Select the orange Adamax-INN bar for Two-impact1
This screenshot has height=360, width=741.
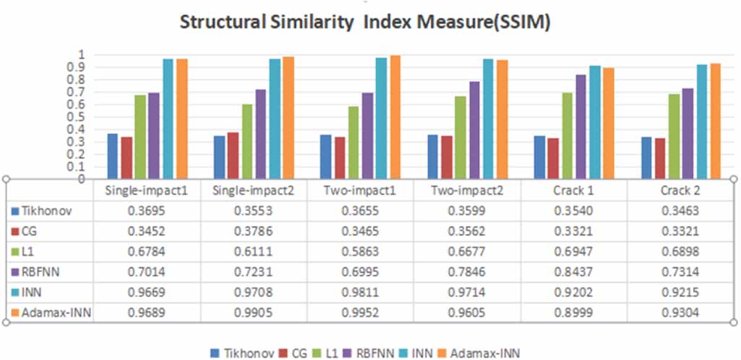point(395,117)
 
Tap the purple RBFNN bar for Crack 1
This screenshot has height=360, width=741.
point(581,127)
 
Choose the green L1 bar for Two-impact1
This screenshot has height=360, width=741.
point(354,142)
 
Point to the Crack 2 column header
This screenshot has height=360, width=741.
point(680,191)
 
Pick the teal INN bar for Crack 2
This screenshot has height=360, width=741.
point(701,121)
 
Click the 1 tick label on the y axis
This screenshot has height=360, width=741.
point(82,55)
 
